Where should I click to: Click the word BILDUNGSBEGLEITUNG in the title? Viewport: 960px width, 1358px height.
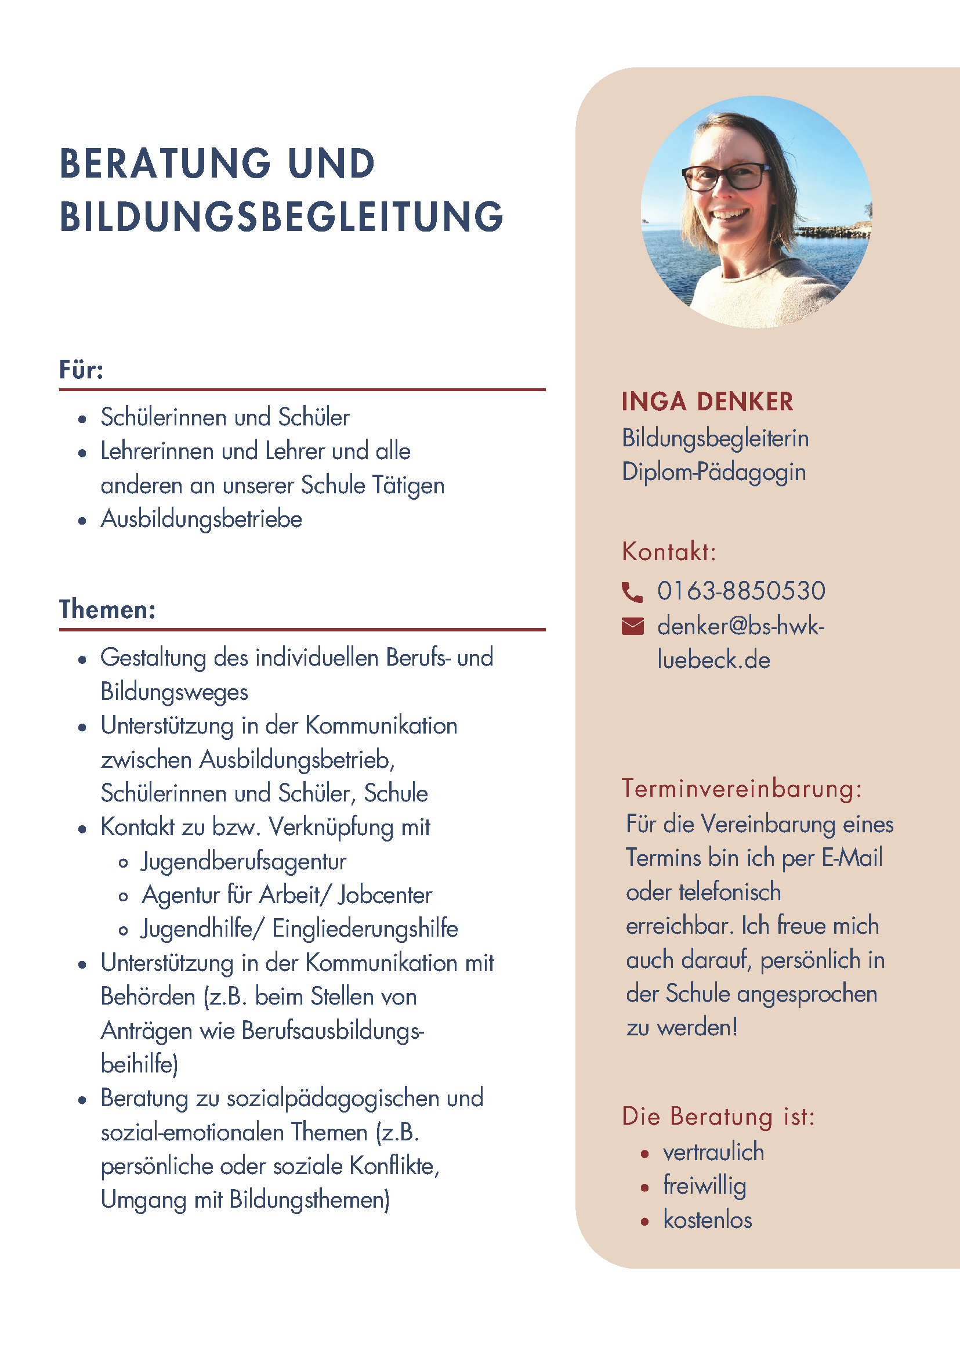point(281,216)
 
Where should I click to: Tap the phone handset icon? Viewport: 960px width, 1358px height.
point(632,591)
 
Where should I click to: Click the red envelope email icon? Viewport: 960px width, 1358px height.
point(632,626)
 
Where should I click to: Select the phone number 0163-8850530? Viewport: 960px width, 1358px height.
point(741,591)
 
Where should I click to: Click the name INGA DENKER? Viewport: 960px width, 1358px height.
point(707,402)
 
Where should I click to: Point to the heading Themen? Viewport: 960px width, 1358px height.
point(107,609)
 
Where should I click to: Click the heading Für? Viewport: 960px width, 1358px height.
point(82,370)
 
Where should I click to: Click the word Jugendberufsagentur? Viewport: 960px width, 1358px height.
point(244,861)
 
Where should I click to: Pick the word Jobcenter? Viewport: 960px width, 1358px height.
point(385,895)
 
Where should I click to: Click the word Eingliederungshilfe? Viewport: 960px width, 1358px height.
point(365,929)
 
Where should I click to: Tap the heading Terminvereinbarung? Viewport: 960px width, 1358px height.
point(742,789)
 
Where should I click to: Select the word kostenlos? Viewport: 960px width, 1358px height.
point(708,1220)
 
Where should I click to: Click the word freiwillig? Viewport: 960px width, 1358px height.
point(705,1186)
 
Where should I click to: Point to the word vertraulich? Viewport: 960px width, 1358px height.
point(713,1152)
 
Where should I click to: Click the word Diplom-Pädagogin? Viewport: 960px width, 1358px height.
point(714,472)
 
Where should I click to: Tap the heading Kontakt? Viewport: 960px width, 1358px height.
point(669,551)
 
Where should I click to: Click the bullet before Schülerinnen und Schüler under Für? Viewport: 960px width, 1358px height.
point(82,420)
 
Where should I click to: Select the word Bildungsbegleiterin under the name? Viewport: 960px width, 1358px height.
point(715,438)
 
